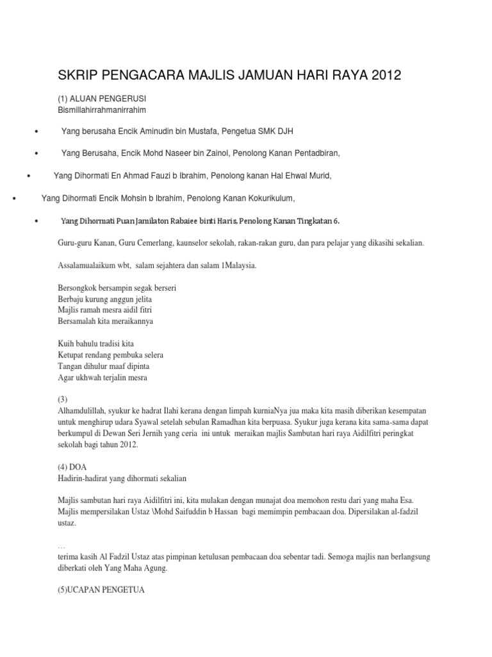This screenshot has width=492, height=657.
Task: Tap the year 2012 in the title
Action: [382, 76]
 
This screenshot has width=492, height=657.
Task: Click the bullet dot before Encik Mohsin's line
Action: [13, 198]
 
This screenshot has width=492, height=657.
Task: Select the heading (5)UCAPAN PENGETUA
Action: [102, 590]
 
